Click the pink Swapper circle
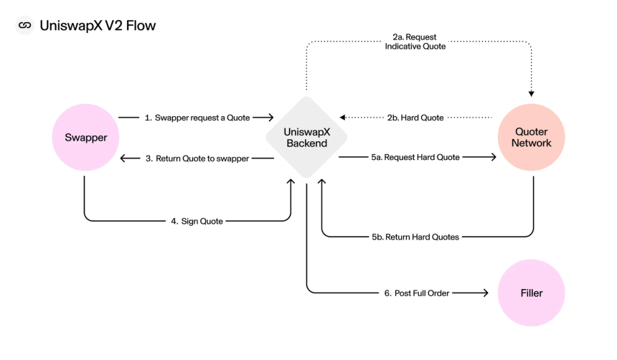tap(85, 137)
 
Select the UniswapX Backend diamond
tap(306, 137)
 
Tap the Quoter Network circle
tap(531, 137)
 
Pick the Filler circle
tap(531, 293)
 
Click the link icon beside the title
tap(25, 25)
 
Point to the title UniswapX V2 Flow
tap(98, 26)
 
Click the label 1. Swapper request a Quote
tap(197, 118)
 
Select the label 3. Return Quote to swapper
tap(197, 158)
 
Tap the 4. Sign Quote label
tap(197, 221)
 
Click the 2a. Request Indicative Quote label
tap(415, 42)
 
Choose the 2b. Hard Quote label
tap(415, 118)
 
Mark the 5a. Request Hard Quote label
tap(415, 157)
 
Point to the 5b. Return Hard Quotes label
tap(415, 237)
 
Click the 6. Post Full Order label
tap(417, 293)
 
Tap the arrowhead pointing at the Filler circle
tap(486, 293)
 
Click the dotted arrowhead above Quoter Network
tap(531, 94)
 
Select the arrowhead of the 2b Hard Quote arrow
tap(342, 117)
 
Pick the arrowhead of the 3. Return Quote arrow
tap(123, 158)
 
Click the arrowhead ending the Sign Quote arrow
tap(291, 181)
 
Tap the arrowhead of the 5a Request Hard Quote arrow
tap(494, 157)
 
